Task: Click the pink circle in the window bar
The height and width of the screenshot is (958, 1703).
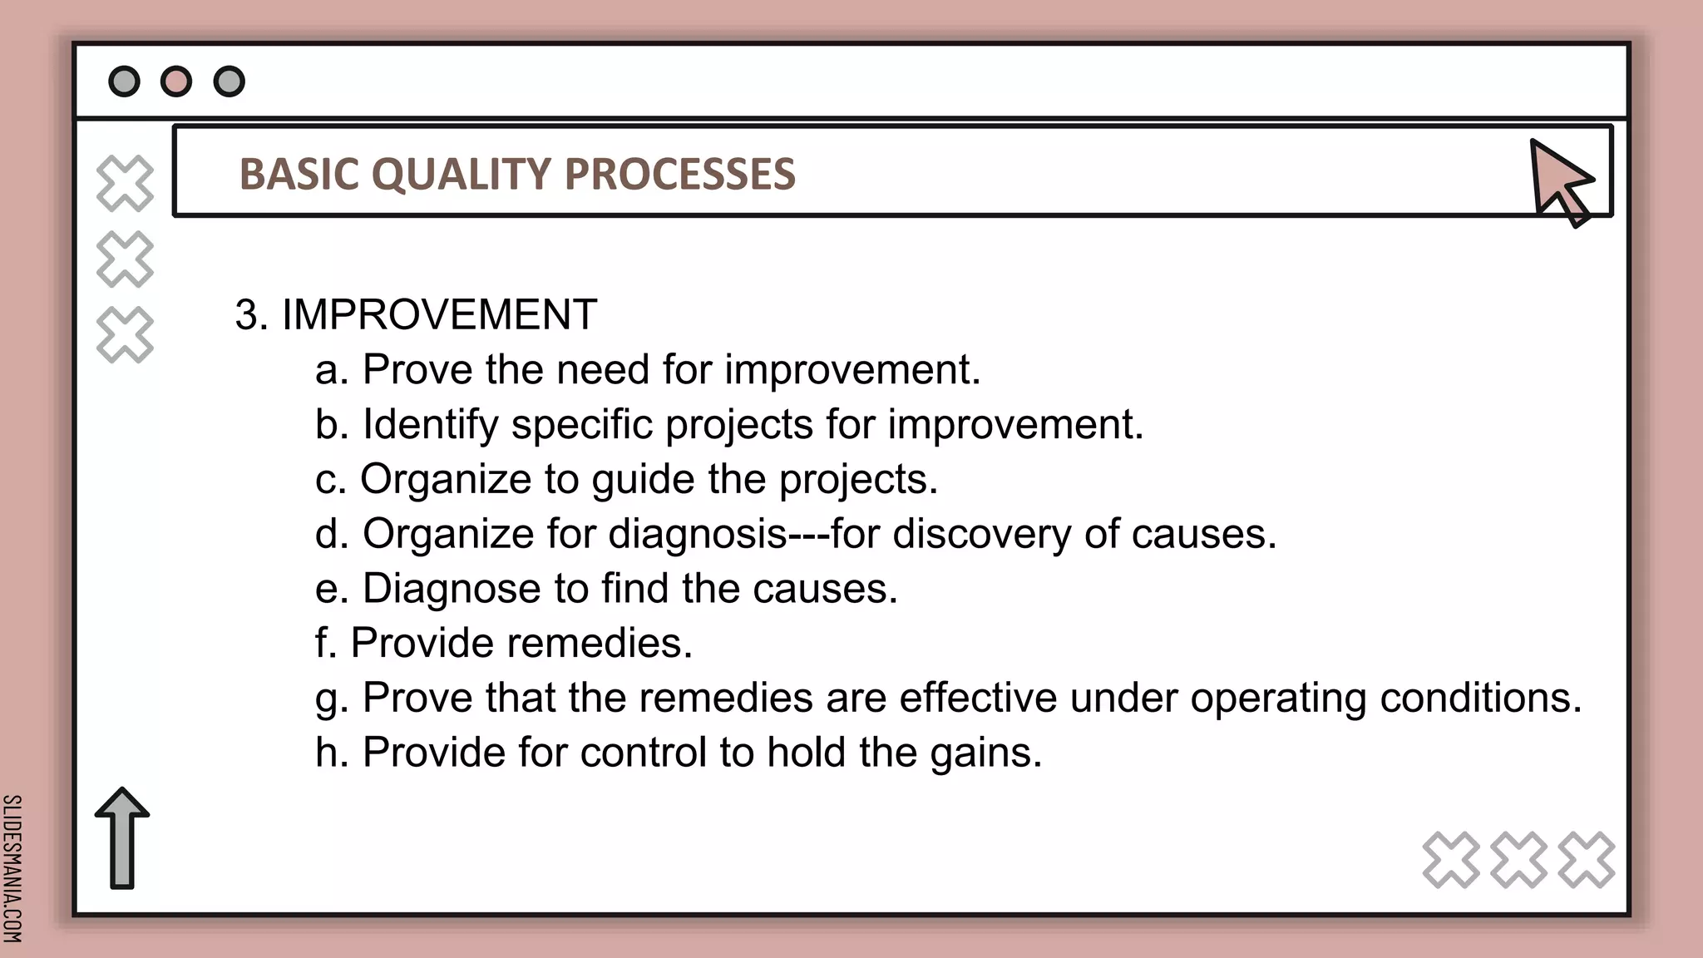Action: click(x=176, y=81)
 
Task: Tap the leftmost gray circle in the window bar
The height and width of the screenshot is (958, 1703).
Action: click(x=125, y=81)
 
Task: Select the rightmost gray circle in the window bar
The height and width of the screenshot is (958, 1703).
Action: click(x=230, y=81)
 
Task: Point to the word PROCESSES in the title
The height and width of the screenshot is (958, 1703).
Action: click(x=679, y=175)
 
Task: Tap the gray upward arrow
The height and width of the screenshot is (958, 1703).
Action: click(x=122, y=837)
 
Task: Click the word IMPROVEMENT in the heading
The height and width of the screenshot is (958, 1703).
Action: click(x=439, y=315)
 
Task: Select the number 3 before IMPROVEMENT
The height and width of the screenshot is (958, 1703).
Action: click(x=246, y=315)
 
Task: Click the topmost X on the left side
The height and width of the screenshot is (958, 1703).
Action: click(x=125, y=183)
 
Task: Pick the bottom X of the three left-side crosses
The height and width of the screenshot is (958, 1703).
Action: click(x=125, y=335)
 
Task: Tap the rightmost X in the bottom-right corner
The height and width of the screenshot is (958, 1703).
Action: click(x=1587, y=860)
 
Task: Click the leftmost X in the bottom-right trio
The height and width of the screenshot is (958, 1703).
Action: click(x=1451, y=860)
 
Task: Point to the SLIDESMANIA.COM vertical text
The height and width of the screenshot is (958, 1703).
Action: click(x=12, y=868)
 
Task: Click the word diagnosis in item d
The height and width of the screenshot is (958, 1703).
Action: click(x=698, y=534)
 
